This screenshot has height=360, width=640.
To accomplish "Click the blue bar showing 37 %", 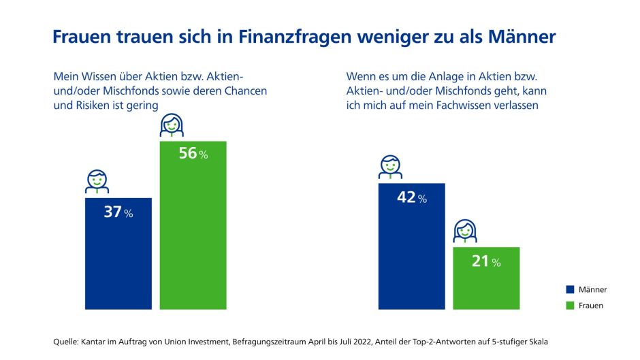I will [x=118, y=253].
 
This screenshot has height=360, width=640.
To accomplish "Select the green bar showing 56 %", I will [x=193, y=225].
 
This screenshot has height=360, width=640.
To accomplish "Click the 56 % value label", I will [x=193, y=154].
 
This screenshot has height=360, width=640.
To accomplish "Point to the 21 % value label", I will [x=485, y=261].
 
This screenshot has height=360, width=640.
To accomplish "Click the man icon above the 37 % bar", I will [x=97, y=180].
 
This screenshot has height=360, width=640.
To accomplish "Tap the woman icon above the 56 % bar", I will [x=171, y=125].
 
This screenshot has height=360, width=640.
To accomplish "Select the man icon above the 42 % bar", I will [x=390, y=167].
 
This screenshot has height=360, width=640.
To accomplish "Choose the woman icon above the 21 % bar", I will [x=464, y=231].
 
